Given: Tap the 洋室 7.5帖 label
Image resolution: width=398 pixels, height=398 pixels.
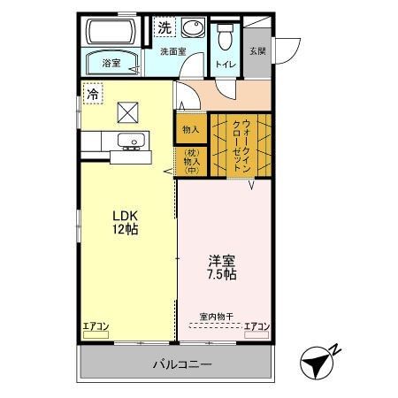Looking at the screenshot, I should pyautogui.click(x=222, y=267).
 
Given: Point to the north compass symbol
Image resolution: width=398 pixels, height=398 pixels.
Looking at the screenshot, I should pyautogui.click(x=319, y=362).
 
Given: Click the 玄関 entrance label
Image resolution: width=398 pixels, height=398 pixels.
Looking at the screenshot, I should pyautogui.click(x=256, y=51).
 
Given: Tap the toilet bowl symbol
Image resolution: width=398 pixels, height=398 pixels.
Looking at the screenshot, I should pyautogui.click(x=224, y=36).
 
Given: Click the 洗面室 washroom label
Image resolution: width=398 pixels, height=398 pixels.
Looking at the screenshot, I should pyautogui.click(x=172, y=52).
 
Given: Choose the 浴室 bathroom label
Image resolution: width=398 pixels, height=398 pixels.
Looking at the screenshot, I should pyautogui.click(x=111, y=63).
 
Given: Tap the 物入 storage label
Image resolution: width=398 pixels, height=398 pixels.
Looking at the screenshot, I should pyautogui.click(x=191, y=129).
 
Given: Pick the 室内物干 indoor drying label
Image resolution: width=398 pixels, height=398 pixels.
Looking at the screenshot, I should pyautogui.click(x=216, y=316).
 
